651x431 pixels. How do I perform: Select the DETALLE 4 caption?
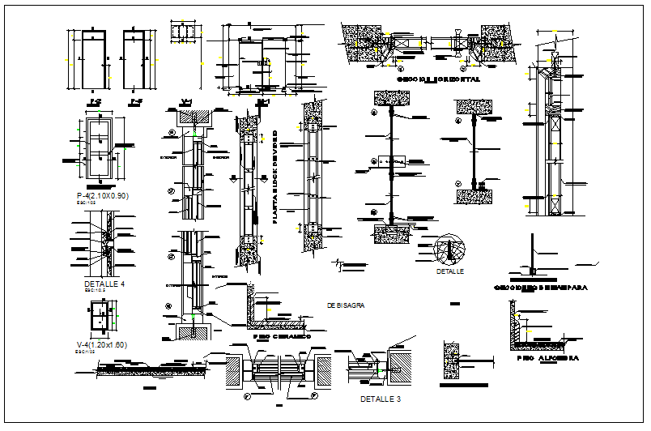pos(105,285)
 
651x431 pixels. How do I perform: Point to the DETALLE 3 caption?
pos(380,399)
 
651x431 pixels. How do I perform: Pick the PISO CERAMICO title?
pos(281,335)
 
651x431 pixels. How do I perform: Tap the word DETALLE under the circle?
pos(449,271)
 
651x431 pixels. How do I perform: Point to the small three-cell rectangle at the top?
pos(185,32)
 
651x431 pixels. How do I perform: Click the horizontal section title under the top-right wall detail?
pos(438,80)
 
